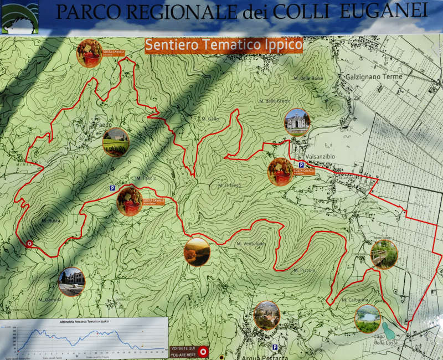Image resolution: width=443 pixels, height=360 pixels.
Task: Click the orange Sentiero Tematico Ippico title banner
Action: [x=224, y=45]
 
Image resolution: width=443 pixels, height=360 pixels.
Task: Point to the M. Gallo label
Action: [x=210, y=119]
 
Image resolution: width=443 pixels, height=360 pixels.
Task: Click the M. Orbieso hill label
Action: [x=229, y=185]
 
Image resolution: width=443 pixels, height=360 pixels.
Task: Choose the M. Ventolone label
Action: [x=251, y=244]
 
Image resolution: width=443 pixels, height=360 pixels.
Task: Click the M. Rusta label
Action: [x=50, y=220]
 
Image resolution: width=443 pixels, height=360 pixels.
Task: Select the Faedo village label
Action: [x=104, y=125]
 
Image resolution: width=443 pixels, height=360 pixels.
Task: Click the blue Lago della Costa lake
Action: [x=389, y=331]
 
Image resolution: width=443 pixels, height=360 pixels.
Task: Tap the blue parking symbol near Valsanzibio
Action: [x=301, y=165]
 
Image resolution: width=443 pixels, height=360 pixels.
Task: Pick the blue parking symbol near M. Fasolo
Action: [x=112, y=188]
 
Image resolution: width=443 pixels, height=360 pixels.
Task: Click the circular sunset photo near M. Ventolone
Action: [x=197, y=252]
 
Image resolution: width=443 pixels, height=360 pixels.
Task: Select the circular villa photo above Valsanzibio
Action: [x=297, y=122]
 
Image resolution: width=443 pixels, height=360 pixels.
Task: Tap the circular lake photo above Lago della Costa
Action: [x=368, y=318]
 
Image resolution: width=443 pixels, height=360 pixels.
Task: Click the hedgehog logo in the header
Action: [x=20, y=17]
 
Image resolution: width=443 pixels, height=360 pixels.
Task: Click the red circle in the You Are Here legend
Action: [x=203, y=351]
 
